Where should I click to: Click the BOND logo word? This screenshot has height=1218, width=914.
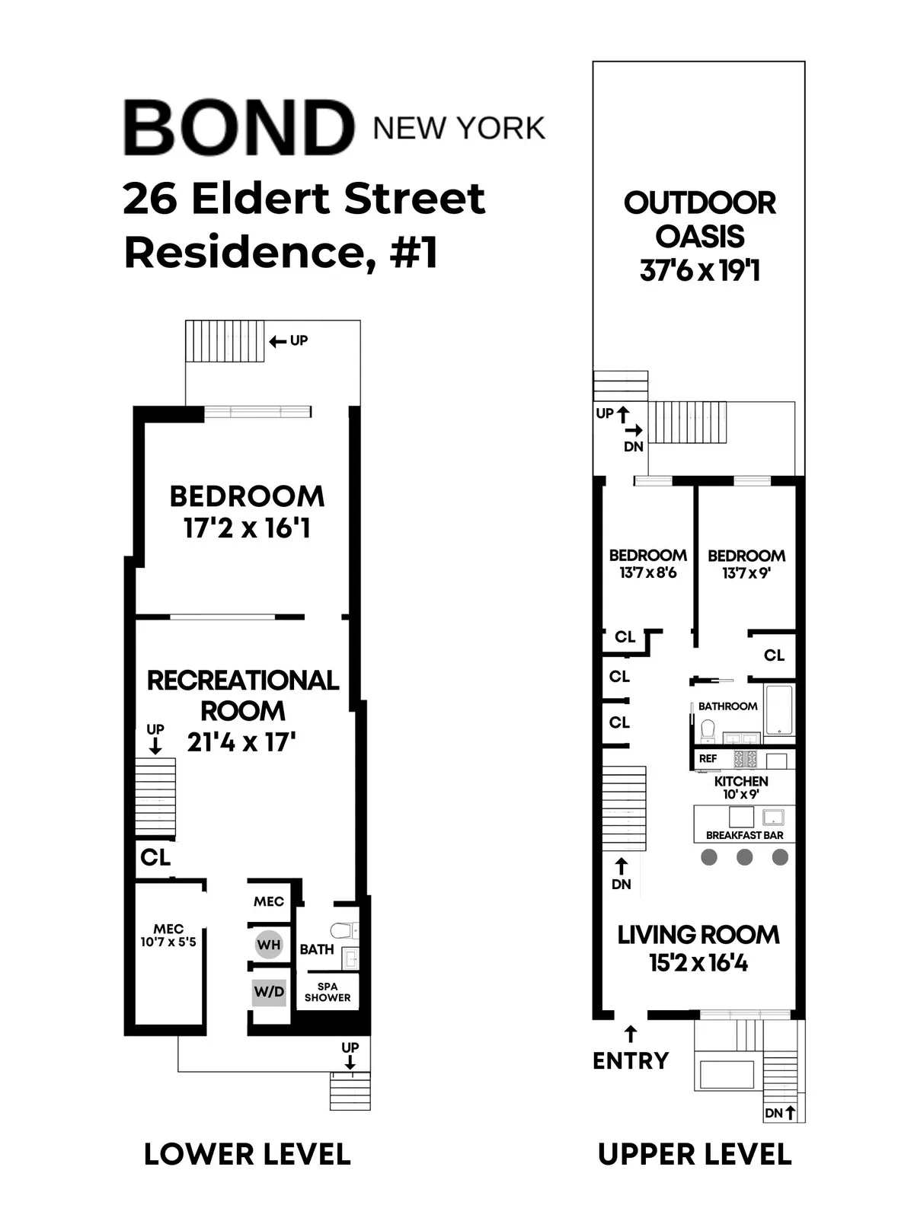[238, 128]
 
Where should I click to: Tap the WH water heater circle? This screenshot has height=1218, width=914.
[269, 945]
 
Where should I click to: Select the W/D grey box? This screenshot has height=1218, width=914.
[269, 991]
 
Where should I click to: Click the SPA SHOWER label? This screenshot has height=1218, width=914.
[328, 991]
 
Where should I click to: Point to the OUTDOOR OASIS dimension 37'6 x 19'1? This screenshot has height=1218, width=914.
[699, 270]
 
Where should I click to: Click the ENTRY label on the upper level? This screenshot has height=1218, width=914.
[631, 1060]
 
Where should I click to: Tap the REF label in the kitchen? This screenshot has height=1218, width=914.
[708, 759]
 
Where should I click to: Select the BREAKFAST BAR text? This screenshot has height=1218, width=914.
[744, 835]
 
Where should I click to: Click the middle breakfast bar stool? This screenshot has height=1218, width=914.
[744, 857]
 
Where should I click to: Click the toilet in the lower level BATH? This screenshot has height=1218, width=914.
[342, 929]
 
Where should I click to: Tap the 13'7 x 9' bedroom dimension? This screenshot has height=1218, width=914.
[746, 573]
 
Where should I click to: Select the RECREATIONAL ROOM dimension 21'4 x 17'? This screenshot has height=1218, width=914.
[241, 741]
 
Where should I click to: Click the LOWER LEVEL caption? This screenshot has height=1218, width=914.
[247, 1154]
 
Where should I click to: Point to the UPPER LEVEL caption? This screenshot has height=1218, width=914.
[695, 1154]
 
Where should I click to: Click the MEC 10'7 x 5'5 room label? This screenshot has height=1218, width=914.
[168, 935]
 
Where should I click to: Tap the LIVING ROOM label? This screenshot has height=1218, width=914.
[698, 935]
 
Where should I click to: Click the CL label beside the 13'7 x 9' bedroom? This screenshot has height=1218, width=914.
[774, 655]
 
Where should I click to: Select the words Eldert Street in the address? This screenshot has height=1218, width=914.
[337, 199]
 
